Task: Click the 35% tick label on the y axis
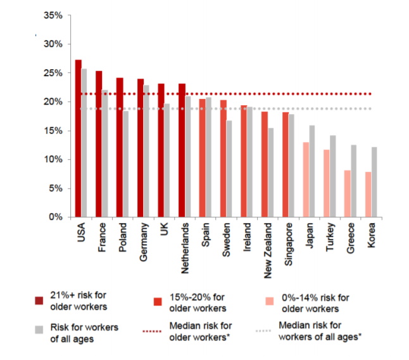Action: (53, 15)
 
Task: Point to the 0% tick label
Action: (56, 217)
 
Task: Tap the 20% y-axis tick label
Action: (53, 102)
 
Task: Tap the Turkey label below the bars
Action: (331, 236)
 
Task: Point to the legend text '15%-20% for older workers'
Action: (198, 302)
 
